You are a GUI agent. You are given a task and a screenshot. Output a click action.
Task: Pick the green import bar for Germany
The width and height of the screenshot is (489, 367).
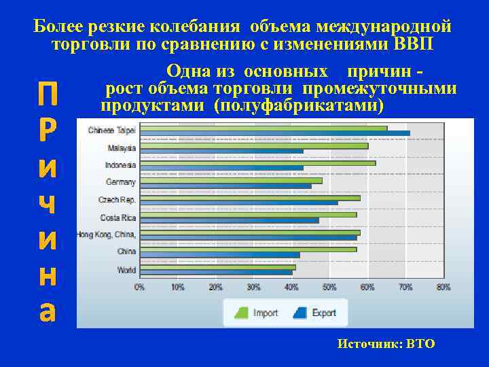point(231,181)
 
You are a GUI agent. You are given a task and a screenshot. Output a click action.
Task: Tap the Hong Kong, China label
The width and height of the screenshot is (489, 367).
point(107,234)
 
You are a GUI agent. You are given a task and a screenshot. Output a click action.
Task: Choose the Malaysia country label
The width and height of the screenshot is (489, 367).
point(122,147)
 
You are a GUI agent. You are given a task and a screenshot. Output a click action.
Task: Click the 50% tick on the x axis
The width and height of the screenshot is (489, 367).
point(329,287)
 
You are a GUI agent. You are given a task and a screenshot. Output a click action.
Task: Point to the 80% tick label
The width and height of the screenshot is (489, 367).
point(443,287)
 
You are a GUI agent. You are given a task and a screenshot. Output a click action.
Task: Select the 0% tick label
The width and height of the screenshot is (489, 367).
point(139,287)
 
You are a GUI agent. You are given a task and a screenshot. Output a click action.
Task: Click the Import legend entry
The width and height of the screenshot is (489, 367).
point(257,313)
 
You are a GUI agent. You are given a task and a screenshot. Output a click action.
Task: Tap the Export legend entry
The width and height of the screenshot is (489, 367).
point(316,313)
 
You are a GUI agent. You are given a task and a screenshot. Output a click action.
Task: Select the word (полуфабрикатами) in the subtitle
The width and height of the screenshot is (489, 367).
point(298,107)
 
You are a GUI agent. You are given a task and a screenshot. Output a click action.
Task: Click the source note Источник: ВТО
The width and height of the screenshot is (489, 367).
point(386,344)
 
